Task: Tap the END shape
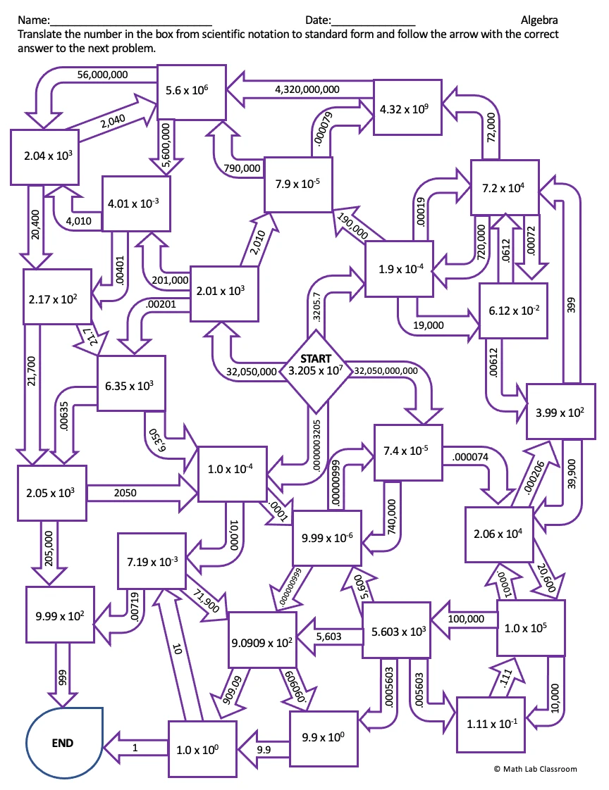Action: pyautogui.click(x=63, y=742)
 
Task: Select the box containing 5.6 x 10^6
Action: pyautogui.click(x=190, y=91)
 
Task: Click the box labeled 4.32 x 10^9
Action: pyautogui.click(x=407, y=107)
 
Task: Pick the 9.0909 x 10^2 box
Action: pyautogui.click(x=262, y=641)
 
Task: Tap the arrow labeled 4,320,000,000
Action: pyautogui.click(x=307, y=89)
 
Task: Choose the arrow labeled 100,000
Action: pyautogui.click(x=465, y=619)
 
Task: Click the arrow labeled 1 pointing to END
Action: pyautogui.click(x=135, y=748)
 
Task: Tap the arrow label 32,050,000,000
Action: pyautogui.click(x=385, y=370)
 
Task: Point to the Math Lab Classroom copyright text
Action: pyautogui.click(x=535, y=769)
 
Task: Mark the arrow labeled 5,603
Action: pyautogui.click(x=328, y=637)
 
